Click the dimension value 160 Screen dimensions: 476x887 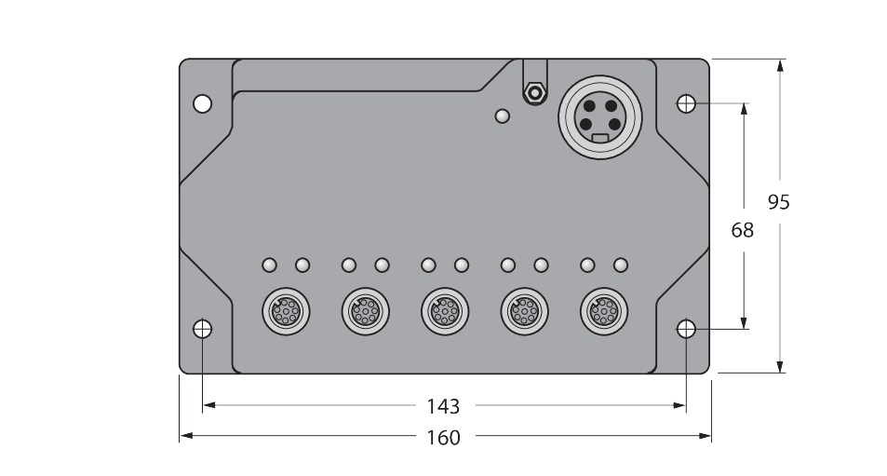pos(443,437)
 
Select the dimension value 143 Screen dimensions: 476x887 pos(443,406)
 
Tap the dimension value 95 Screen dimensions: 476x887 pos(779,202)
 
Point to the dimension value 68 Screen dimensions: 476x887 pos(742,230)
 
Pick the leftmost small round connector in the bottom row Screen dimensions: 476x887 pos(284,309)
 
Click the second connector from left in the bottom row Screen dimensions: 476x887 pos(364,309)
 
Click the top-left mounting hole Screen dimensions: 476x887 pos(203,103)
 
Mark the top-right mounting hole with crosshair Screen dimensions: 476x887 pos(686,103)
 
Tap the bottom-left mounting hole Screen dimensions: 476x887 pos(203,329)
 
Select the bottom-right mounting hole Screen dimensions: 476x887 pos(686,329)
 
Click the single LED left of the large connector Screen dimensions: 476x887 pos(503,116)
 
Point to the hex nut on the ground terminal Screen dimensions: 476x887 pos(533,93)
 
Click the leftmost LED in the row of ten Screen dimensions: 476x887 pos(269,265)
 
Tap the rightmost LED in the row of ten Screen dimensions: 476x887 pos(621,265)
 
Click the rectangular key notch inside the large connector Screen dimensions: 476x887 pos(600,139)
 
